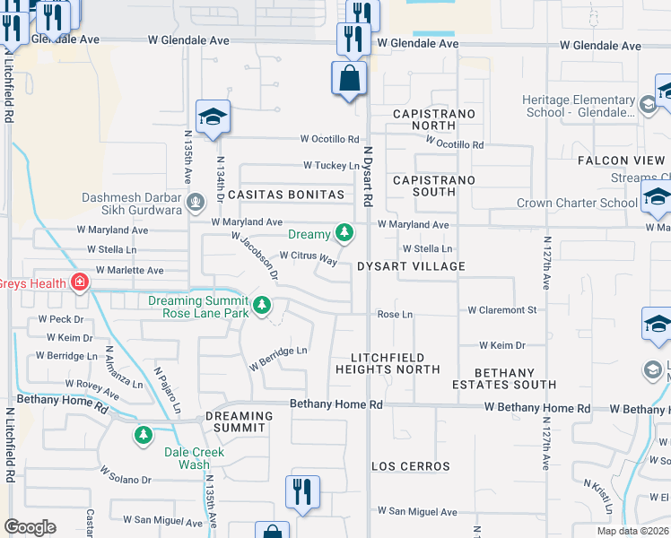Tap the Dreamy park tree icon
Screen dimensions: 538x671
click(x=344, y=234)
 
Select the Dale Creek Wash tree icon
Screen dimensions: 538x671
click(x=143, y=436)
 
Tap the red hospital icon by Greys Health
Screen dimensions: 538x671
click(x=81, y=283)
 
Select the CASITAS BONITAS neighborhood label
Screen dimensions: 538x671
click(x=286, y=195)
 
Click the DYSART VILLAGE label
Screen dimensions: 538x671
click(x=411, y=266)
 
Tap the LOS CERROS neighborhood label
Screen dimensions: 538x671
click(x=411, y=466)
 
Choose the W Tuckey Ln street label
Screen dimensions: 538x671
click(x=331, y=165)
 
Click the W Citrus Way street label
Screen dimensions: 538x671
click(x=308, y=256)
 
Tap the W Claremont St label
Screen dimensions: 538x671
click(x=501, y=310)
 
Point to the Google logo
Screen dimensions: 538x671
click(x=30, y=527)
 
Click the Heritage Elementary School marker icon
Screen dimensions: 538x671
click(x=647, y=106)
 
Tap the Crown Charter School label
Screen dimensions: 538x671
click(x=577, y=203)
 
